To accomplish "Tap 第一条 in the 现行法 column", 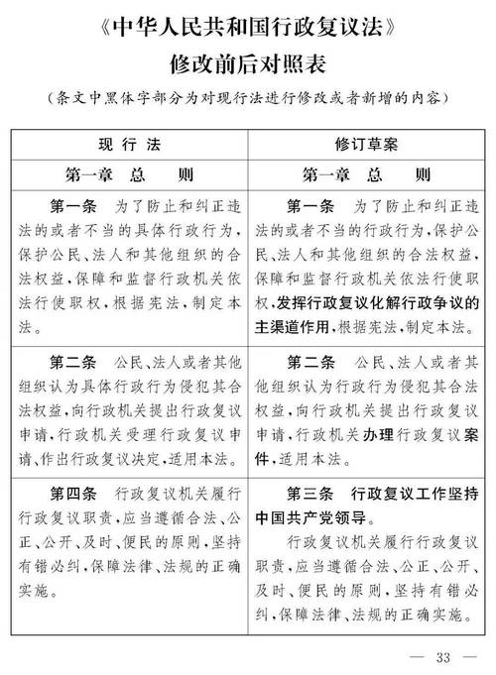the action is (72, 209).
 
